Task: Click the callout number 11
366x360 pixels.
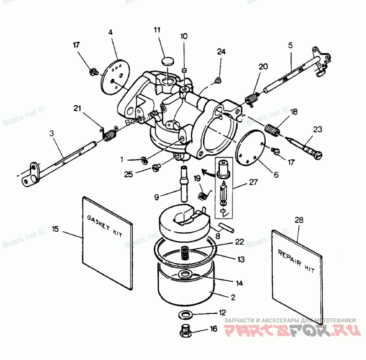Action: point(157,30)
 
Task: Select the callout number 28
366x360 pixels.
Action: point(298,220)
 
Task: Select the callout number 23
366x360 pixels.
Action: point(317,129)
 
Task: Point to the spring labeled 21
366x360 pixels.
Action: point(109,136)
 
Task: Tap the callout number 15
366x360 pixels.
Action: point(55,229)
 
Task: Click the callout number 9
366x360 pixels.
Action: point(156,197)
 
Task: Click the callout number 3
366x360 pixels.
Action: point(52,133)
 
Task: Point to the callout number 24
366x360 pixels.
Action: point(221,52)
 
